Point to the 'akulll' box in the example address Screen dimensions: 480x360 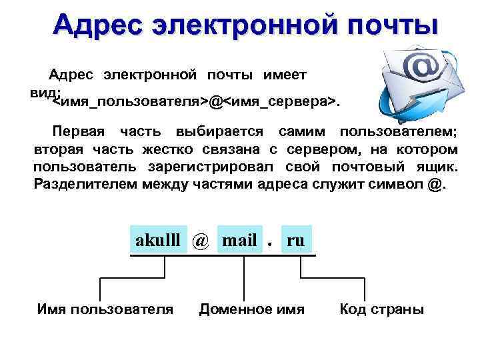[158, 241]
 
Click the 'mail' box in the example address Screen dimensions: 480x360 [239, 241]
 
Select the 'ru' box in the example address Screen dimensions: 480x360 [295, 241]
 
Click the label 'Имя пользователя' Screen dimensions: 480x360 [105, 309]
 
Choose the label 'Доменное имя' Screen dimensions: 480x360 [252, 309]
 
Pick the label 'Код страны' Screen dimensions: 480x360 [381, 309]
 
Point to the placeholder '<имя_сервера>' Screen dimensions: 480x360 [278, 102]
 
